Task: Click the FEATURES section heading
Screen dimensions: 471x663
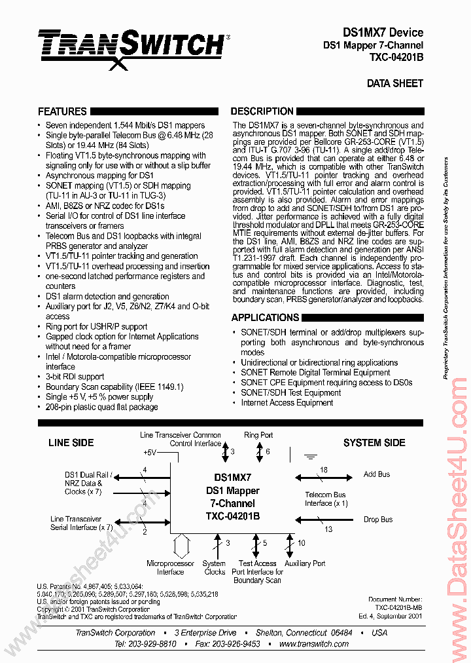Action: [62, 111]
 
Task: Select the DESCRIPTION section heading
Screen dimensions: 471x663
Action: [262, 111]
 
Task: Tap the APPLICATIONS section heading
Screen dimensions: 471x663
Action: [265, 318]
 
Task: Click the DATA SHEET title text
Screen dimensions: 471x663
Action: [394, 83]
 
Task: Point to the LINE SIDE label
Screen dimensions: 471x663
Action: [71, 443]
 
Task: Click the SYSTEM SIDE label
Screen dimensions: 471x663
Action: [374, 443]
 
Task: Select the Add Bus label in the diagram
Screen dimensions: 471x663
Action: [376, 474]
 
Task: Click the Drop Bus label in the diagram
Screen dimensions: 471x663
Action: [378, 520]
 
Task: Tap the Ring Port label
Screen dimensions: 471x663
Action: [258, 435]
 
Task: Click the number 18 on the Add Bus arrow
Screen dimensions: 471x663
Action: [323, 470]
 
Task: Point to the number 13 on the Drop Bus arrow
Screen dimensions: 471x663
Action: [328, 529]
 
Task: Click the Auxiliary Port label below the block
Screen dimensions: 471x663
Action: [305, 563]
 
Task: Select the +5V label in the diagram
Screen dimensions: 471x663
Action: [150, 453]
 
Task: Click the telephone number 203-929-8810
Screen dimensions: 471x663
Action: [154, 644]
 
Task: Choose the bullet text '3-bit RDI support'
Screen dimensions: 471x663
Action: [75, 377]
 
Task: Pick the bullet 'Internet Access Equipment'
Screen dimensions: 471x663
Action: [287, 403]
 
